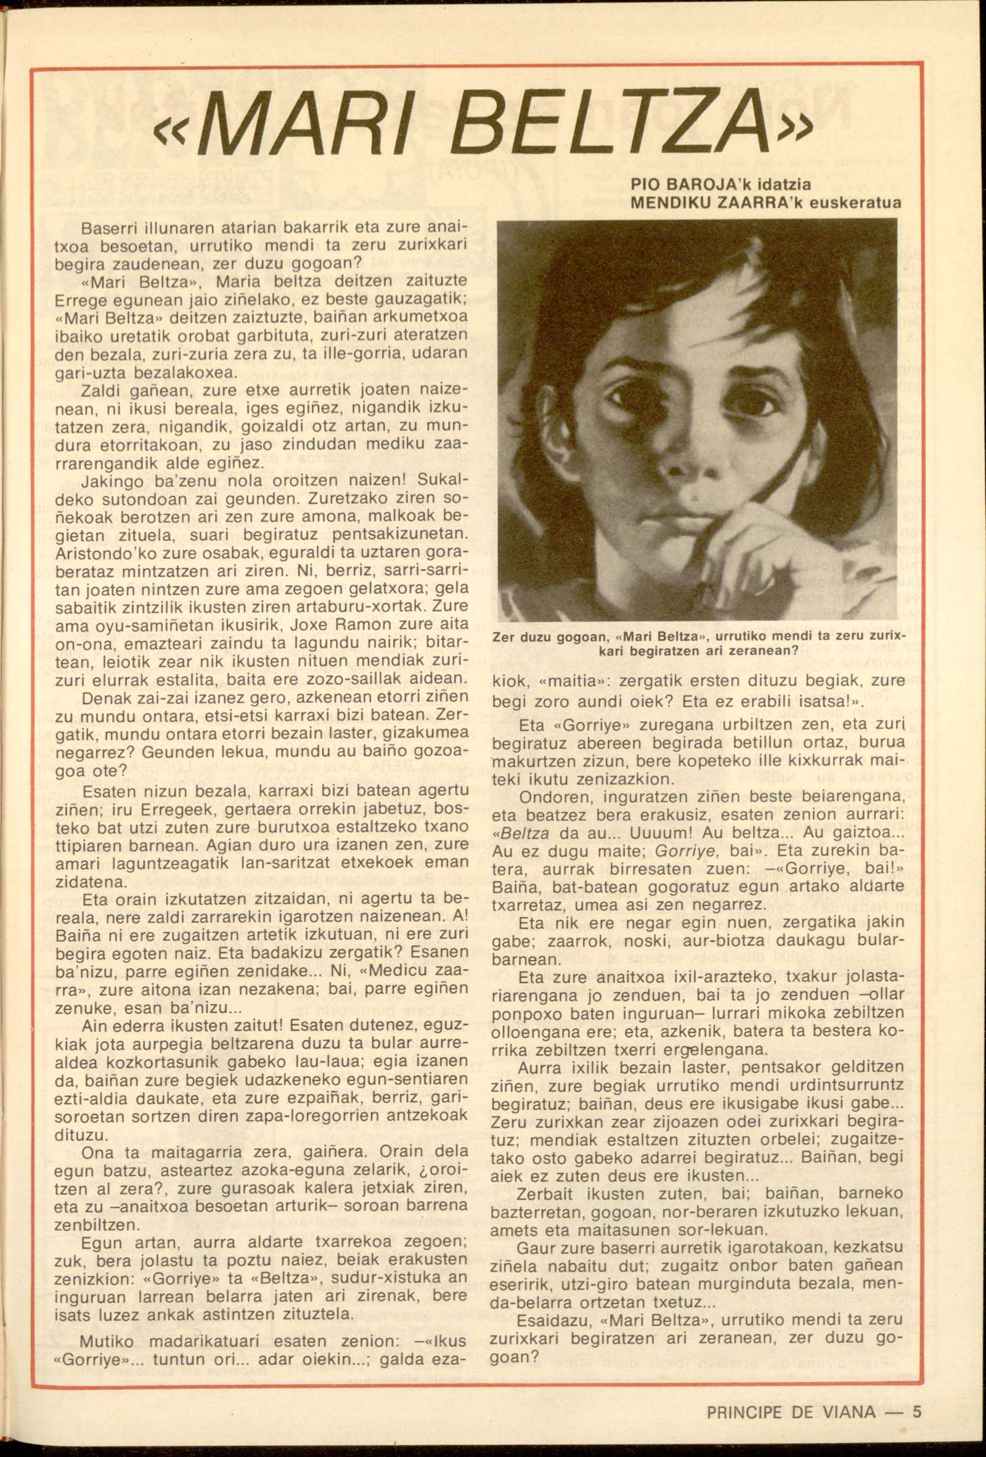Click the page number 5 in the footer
(917, 1408)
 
